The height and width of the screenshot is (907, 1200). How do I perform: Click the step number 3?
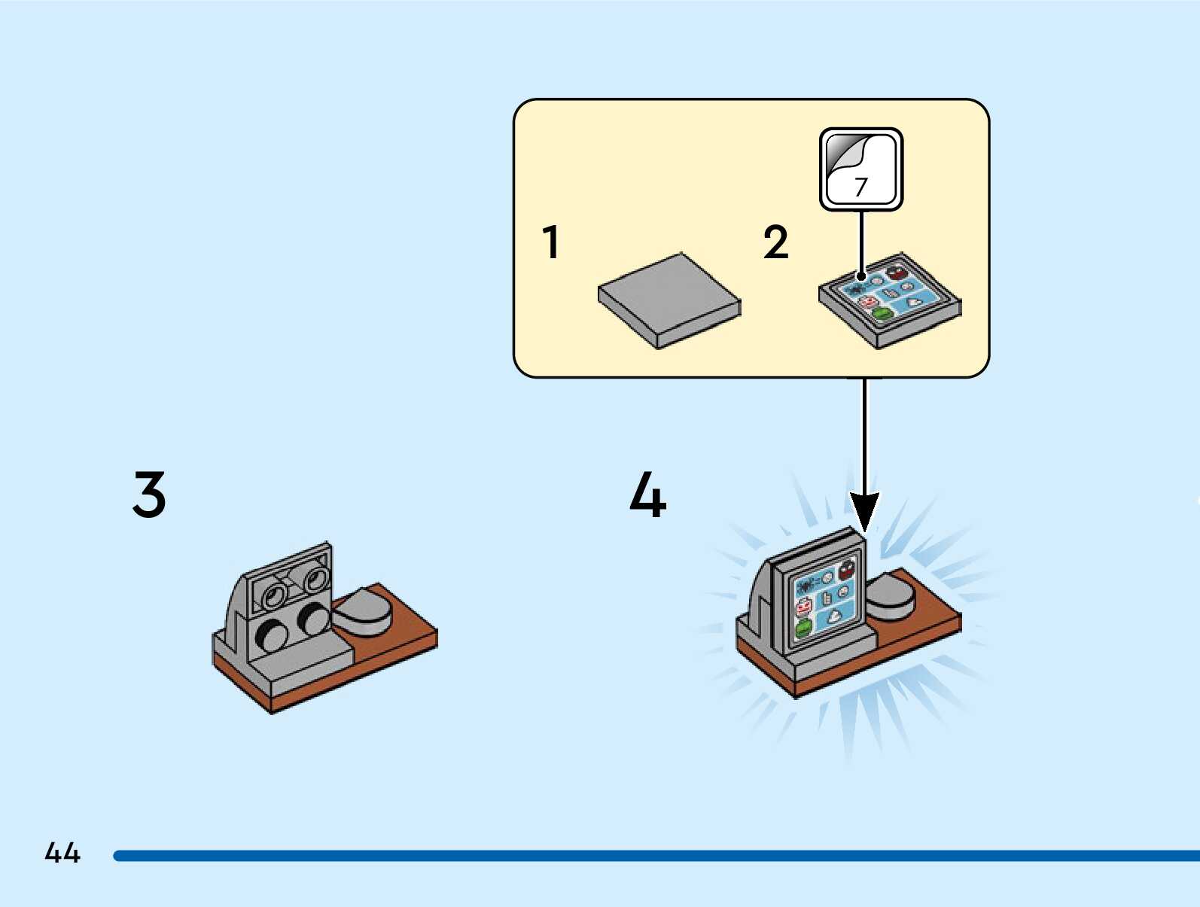149,495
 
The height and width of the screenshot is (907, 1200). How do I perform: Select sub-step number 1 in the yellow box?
551,242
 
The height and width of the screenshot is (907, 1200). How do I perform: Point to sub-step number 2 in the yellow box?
775,242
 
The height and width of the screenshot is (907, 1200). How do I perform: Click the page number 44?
62,853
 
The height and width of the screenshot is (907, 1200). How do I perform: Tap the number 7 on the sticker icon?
861,186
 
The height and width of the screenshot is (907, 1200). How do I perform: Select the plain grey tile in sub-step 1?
669,299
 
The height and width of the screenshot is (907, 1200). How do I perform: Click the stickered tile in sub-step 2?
890,300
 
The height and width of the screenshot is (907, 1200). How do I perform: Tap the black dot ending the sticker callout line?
861,277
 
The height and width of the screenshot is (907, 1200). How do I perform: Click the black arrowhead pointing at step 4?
865,510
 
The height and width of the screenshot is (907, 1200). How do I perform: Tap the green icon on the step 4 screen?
804,628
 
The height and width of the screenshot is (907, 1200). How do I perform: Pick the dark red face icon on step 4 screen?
846,570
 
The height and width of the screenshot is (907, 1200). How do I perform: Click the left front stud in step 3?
272,635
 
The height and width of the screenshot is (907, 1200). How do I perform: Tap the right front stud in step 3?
312,618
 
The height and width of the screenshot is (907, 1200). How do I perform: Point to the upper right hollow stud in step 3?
315,579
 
